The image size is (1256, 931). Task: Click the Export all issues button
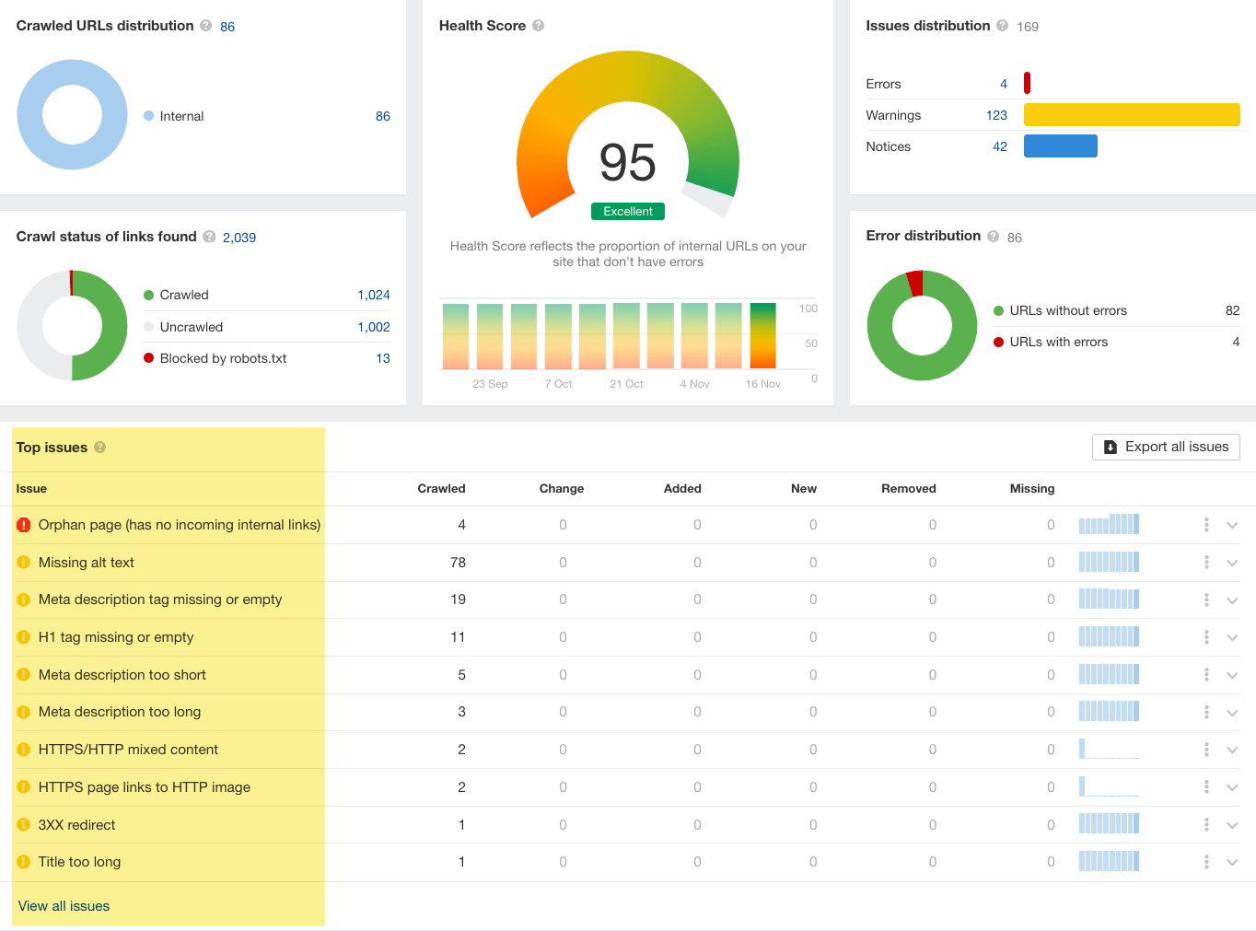click(x=1166, y=447)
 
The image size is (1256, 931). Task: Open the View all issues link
click(x=64, y=906)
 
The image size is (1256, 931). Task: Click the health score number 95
click(x=627, y=163)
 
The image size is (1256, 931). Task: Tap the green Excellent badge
click(x=627, y=212)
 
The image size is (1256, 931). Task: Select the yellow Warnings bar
click(x=1131, y=115)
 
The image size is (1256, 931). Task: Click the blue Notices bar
click(x=1060, y=146)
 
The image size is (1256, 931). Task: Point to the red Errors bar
click(x=1027, y=84)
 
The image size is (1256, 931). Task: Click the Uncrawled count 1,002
click(x=373, y=327)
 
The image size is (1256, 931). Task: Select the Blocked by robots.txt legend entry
click(x=223, y=358)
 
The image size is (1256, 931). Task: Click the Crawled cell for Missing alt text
click(x=458, y=563)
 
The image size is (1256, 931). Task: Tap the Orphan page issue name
click(x=179, y=525)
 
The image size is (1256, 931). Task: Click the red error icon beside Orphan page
click(x=24, y=525)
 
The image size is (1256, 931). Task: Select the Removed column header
click(x=908, y=489)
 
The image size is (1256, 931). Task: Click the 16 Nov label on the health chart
click(x=762, y=384)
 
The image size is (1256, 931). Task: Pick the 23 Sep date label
click(x=490, y=384)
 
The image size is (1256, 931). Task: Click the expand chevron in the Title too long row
click(x=1232, y=862)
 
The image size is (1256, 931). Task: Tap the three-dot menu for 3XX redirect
click(x=1206, y=825)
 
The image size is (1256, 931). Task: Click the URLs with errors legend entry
click(x=1058, y=342)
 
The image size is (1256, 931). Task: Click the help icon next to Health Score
click(x=539, y=26)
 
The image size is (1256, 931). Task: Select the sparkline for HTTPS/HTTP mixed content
click(x=1109, y=750)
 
